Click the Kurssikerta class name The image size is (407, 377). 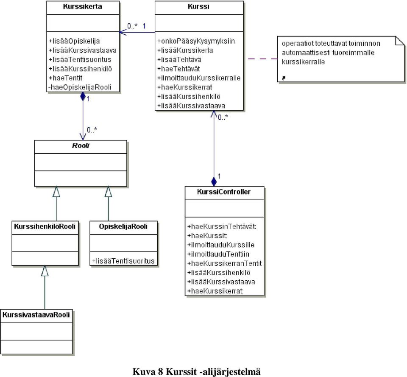(82, 6)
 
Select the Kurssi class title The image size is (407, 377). (198, 6)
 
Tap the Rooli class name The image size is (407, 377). (81, 145)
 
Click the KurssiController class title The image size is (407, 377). (224, 192)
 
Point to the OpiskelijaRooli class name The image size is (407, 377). (123, 227)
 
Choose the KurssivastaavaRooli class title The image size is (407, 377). (36, 315)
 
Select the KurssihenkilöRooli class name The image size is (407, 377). (45, 227)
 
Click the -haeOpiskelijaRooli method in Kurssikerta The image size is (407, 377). (80, 87)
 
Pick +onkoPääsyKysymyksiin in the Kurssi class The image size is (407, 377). (196, 41)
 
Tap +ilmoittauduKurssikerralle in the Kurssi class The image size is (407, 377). (199, 78)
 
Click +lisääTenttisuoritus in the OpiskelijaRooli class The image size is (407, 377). (123, 261)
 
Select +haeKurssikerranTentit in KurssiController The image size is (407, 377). (224, 263)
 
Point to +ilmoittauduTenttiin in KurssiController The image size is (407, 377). (218, 254)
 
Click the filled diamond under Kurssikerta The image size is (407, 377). (83, 96)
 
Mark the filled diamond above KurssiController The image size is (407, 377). (214, 182)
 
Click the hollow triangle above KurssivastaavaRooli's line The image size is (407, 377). (45, 271)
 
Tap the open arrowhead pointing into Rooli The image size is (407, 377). (83, 136)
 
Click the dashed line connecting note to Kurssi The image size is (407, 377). (263, 59)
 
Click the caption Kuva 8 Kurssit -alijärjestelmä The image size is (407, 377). (196, 371)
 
